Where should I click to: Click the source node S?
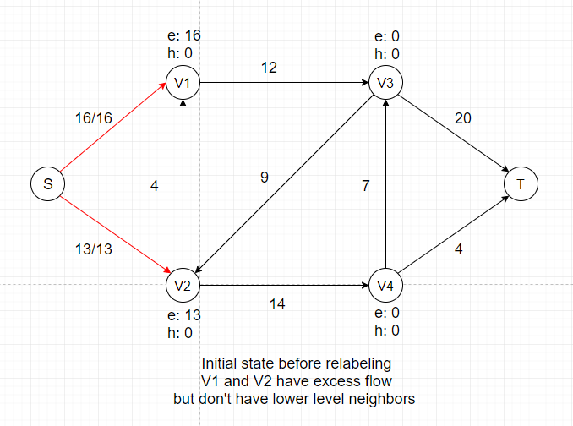(x=48, y=183)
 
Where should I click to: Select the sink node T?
(x=520, y=183)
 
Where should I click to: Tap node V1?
(x=183, y=84)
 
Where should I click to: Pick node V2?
(x=183, y=285)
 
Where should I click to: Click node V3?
(x=385, y=84)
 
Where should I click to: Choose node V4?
(x=385, y=285)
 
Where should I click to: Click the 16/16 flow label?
(x=93, y=119)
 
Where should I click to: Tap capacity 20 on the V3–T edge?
(x=462, y=118)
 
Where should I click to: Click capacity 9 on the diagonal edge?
(x=265, y=177)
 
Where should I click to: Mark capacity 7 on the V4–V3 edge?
(x=365, y=186)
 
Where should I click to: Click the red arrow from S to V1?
(x=114, y=131)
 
